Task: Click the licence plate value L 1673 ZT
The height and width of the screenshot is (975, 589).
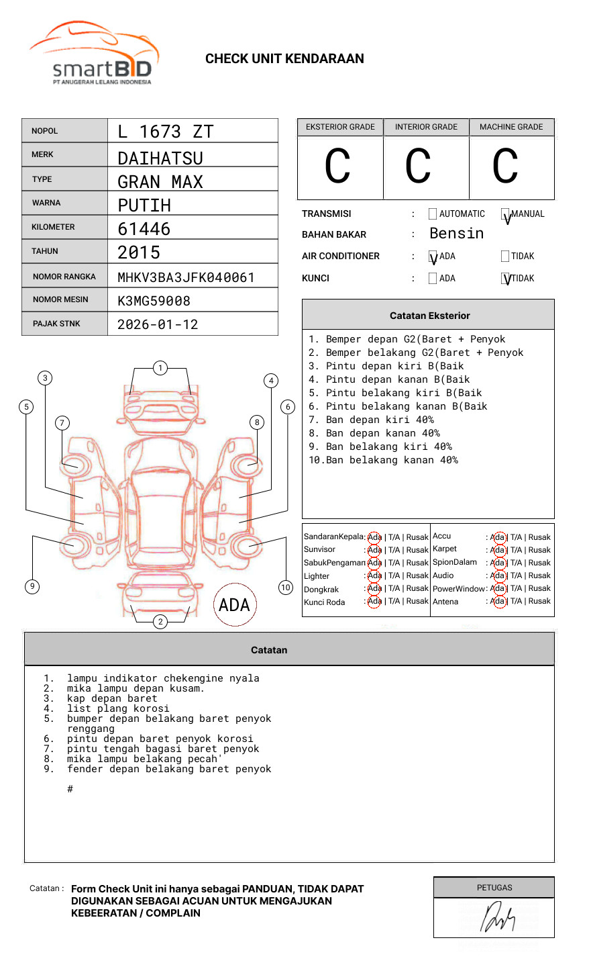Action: pyautogui.click(x=165, y=132)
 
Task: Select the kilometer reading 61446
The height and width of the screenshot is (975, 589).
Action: pyautogui.click(x=144, y=229)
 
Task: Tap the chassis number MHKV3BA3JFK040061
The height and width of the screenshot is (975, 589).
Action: pyautogui.click(x=186, y=277)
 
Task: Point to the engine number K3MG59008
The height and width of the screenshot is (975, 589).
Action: pyautogui.click(x=154, y=301)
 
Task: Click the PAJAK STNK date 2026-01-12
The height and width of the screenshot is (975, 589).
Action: pyautogui.click(x=158, y=324)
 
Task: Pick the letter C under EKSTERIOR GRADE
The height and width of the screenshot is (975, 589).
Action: pyautogui.click(x=337, y=167)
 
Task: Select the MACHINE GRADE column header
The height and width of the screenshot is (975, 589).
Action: pyautogui.click(x=511, y=127)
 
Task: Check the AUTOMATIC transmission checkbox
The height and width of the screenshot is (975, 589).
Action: pyautogui.click(x=433, y=214)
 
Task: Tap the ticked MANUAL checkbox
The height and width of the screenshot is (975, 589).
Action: pyautogui.click(x=505, y=214)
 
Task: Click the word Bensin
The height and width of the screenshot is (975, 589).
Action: pyautogui.click(x=456, y=234)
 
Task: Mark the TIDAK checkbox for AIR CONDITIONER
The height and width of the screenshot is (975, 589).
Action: pyautogui.click(x=505, y=256)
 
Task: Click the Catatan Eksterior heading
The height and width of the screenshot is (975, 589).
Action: pyautogui.click(x=429, y=316)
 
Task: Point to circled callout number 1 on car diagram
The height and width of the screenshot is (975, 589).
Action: pyautogui.click(x=160, y=367)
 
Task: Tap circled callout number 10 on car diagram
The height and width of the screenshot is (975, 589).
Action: pyautogui.click(x=286, y=588)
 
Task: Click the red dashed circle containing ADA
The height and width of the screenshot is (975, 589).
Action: pyautogui.click(x=234, y=605)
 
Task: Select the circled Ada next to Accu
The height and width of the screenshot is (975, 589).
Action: pyautogui.click(x=498, y=537)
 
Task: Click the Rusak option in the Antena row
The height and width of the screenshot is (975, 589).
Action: pyautogui.click(x=539, y=601)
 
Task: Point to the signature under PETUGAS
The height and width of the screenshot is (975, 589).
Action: pyautogui.click(x=497, y=917)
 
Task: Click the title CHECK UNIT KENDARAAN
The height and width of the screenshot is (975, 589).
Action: pyautogui.click(x=284, y=59)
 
